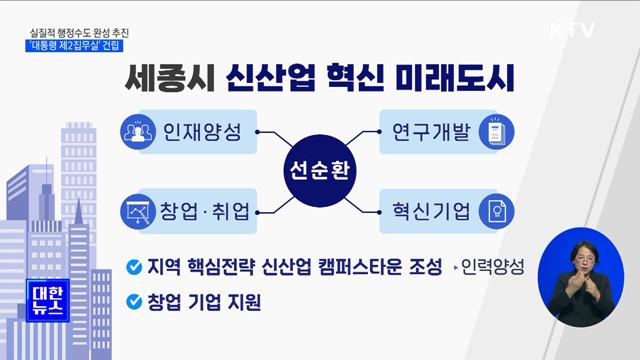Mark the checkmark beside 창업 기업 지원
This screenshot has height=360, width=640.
133,301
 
